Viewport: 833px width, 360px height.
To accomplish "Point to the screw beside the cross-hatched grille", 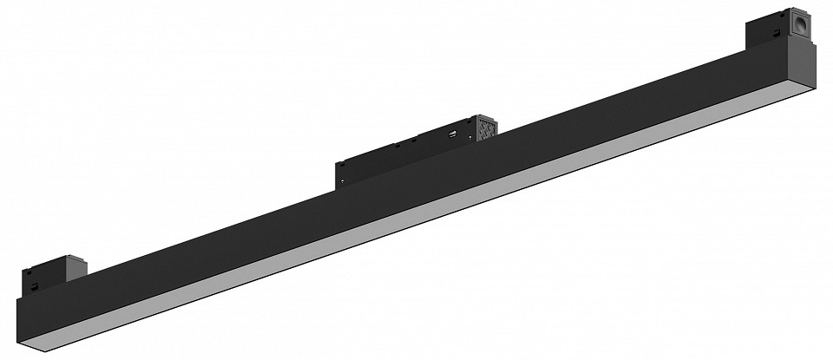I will (472, 138).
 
